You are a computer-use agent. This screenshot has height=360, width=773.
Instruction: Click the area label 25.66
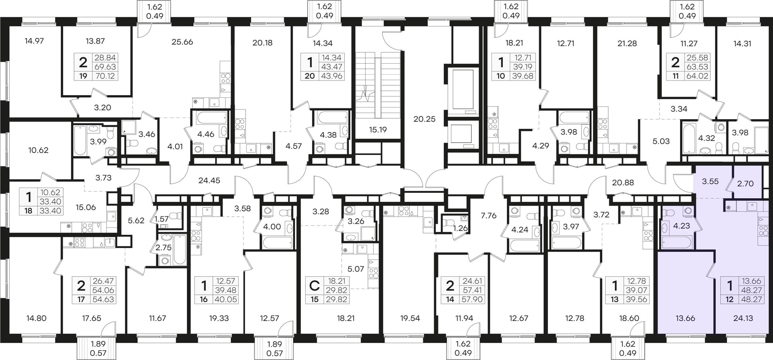(182, 42)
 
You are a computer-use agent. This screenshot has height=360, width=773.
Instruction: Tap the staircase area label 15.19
(378, 130)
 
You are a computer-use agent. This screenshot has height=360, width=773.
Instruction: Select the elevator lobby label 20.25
(424, 119)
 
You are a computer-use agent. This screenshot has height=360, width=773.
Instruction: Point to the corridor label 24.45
(209, 180)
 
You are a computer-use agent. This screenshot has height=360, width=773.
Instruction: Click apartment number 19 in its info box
(83, 76)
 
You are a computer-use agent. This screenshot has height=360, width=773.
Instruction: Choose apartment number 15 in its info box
(314, 299)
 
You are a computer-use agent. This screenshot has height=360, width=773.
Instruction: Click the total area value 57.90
(473, 299)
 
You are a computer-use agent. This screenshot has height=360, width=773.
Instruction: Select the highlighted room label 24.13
(743, 318)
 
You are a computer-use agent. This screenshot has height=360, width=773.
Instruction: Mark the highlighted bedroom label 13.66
(685, 318)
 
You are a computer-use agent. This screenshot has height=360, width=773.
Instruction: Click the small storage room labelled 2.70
(745, 184)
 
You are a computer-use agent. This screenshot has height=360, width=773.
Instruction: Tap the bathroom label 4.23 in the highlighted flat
(682, 226)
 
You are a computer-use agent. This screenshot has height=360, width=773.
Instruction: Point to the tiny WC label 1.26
(461, 228)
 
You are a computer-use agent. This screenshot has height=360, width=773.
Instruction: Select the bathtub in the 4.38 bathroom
(333, 118)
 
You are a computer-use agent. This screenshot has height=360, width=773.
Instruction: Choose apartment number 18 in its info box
(28, 210)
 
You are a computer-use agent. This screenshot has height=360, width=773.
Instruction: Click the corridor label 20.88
(623, 182)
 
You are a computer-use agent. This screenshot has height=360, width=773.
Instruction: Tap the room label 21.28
(627, 43)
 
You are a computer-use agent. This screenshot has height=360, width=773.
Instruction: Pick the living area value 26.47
(103, 281)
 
